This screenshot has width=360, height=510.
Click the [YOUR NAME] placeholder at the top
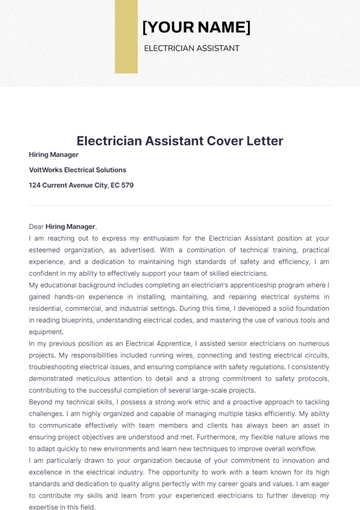pos(196,27)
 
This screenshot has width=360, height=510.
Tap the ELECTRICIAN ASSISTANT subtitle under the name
pos(191,48)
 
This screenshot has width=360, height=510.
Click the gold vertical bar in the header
pos(126,36)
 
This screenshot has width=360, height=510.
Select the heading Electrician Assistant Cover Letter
pos(180,141)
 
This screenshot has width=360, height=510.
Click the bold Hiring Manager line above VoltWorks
pos(54,155)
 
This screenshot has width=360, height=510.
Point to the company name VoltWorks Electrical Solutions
pos(78,170)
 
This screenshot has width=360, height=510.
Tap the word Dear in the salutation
pos(36,227)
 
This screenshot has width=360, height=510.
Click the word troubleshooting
pos(60,366)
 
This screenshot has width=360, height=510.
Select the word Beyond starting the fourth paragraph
pos(41,401)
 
